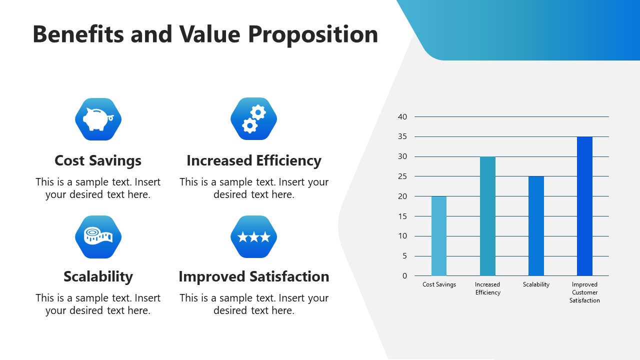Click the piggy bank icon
point(98,119)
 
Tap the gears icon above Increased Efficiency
point(253,119)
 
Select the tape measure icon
point(98,236)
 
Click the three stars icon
point(253,236)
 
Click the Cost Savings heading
point(98,160)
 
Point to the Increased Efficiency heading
point(253,160)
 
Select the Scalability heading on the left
point(98,276)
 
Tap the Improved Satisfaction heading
point(253,276)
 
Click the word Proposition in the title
point(313,35)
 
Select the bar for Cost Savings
point(439,236)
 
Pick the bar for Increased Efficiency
point(487,216)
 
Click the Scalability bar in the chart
point(536,226)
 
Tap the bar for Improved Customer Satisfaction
point(584,206)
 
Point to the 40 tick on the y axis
point(402,117)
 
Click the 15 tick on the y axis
point(402,216)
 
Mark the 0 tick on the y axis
point(404,276)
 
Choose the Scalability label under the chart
point(536,284)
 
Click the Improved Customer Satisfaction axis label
point(584,292)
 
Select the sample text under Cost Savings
point(98,188)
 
